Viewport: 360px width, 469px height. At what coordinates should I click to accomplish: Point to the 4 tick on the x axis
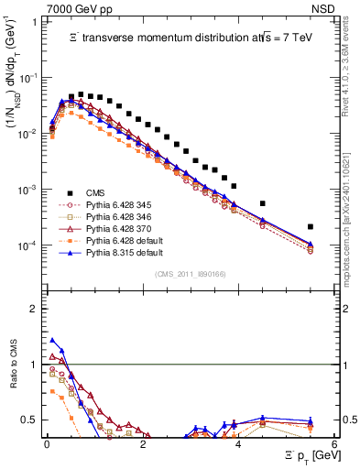click(x=238, y=443)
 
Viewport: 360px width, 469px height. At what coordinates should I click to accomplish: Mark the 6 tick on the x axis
click(x=334, y=443)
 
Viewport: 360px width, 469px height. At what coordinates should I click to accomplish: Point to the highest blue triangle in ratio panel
click(x=52, y=341)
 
